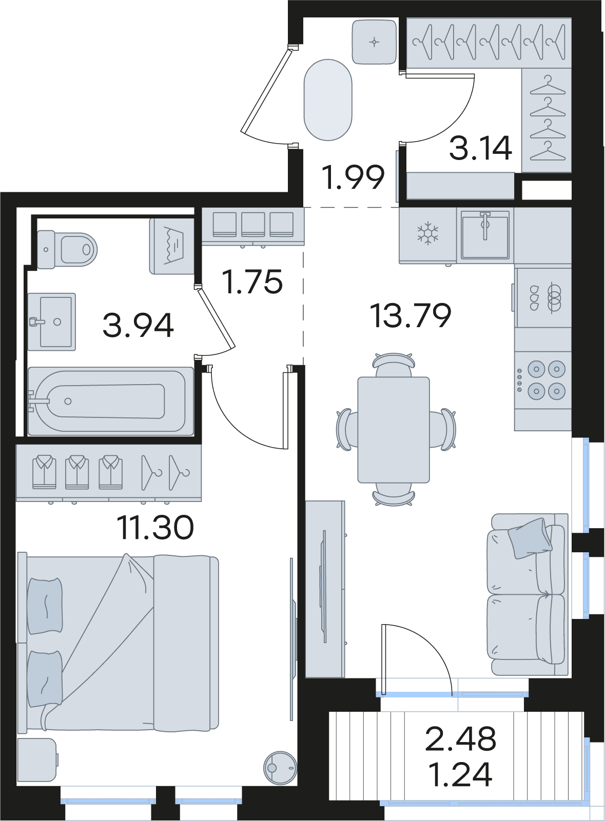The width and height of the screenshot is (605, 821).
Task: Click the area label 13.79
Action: [411, 315]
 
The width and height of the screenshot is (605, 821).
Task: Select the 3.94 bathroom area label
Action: [138, 326]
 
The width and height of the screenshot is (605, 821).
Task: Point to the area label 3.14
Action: [480, 148]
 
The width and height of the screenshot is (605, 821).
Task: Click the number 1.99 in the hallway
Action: [353, 178]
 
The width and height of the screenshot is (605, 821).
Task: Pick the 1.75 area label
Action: [253, 282]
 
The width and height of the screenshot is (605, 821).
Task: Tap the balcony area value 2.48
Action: [460, 739]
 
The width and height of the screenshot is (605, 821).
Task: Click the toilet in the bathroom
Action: [67, 249]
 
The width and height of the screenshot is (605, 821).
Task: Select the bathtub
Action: [111, 401]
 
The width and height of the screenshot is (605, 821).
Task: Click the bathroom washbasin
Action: [52, 322]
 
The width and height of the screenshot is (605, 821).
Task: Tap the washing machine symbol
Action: [171, 246]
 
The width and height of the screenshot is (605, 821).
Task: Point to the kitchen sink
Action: [485, 234]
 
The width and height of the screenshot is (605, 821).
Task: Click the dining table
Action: [394, 430]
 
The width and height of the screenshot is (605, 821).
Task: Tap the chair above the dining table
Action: [394, 364]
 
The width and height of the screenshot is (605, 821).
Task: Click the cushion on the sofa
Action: [530, 538]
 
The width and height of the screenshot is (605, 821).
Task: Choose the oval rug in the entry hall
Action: [328, 100]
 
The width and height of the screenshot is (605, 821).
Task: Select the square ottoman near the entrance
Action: [374, 42]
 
